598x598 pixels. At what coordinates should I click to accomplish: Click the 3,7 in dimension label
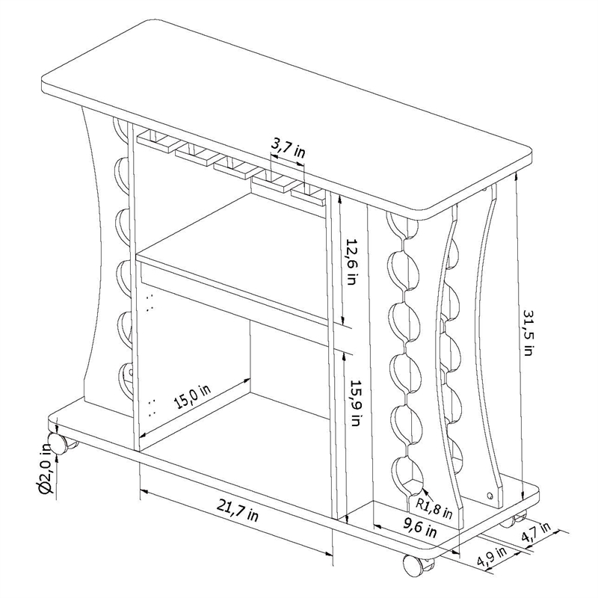pyautogui.click(x=288, y=146)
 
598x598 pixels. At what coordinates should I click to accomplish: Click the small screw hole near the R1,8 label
pyautogui.click(x=490, y=495)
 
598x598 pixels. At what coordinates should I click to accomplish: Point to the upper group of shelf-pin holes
pyautogui.click(x=149, y=303)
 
